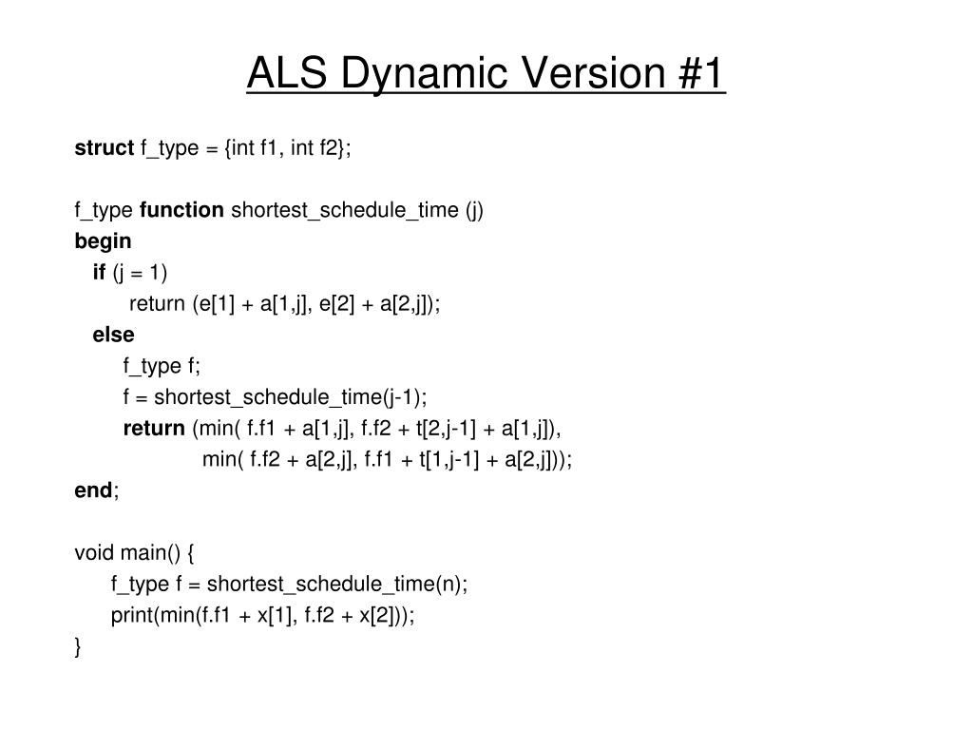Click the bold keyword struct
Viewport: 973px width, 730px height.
tap(105, 147)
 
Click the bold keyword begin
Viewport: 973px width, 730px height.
tap(103, 241)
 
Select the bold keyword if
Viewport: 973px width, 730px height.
tap(99, 273)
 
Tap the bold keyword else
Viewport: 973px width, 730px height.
tap(113, 335)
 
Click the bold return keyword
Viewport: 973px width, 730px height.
tap(154, 428)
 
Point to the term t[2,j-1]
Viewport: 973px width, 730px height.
tap(447, 428)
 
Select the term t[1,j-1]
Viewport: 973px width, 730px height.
tap(449, 459)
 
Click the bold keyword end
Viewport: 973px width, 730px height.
tap(93, 490)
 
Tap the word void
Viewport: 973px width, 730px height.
tap(94, 552)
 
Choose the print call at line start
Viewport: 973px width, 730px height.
tap(132, 615)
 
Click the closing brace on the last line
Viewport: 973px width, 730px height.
tap(78, 646)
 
